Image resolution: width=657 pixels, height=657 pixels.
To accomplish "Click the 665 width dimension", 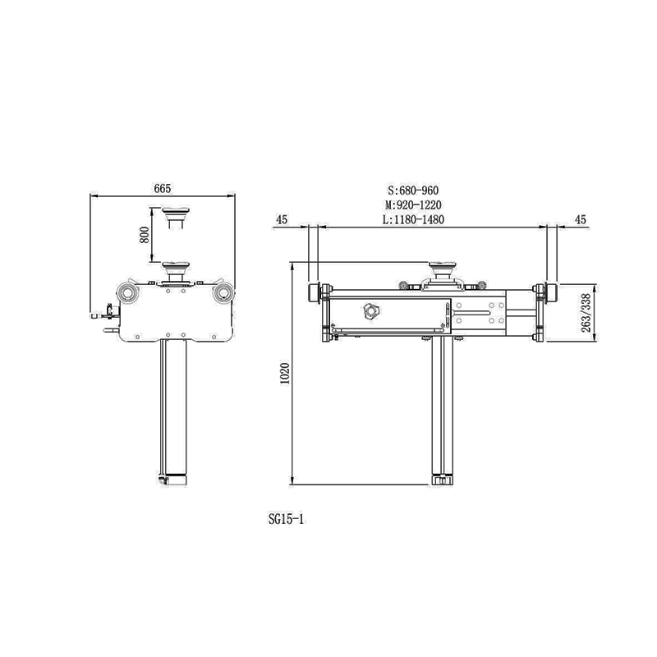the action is click(x=163, y=189).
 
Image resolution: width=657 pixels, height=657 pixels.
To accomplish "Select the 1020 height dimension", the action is click(x=284, y=374).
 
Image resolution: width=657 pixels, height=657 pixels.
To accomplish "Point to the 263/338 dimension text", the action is click(x=586, y=313).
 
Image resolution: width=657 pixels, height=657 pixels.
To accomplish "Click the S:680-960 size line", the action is click(x=413, y=191).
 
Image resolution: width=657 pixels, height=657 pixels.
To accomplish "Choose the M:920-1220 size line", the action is click(x=413, y=204).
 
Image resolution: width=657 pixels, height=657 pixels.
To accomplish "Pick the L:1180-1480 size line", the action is click(x=413, y=219).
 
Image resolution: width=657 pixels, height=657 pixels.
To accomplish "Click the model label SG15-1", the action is click(x=287, y=520).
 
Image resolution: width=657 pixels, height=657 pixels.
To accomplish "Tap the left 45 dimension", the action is click(x=282, y=219).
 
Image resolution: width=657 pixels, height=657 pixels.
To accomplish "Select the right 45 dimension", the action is click(x=581, y=219).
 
